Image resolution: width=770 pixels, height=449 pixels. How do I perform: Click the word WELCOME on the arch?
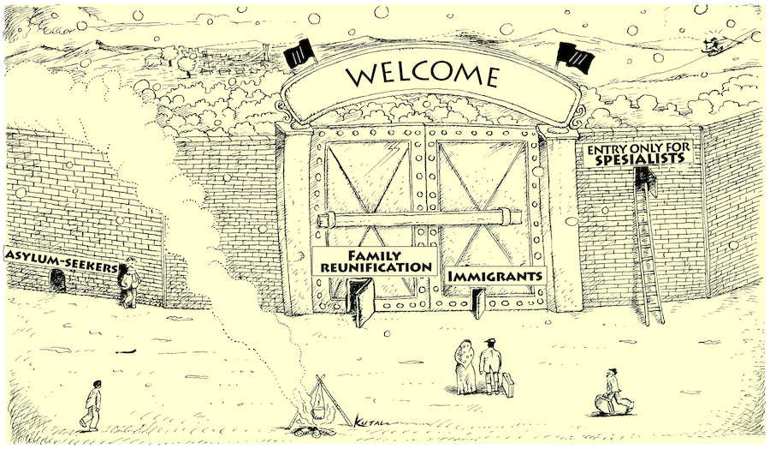422,76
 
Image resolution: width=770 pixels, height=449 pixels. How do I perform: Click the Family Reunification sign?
375,260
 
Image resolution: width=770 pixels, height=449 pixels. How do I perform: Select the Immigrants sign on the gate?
496,276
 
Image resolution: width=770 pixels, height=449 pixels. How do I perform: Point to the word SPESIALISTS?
640,159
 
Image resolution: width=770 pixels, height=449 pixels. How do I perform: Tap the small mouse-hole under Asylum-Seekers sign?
57,280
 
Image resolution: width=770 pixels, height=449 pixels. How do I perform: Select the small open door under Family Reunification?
361,301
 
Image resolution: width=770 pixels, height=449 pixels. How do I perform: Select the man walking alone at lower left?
92,405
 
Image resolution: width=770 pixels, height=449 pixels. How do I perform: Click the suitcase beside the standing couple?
507,384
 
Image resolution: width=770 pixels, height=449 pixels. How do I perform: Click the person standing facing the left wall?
129,283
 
